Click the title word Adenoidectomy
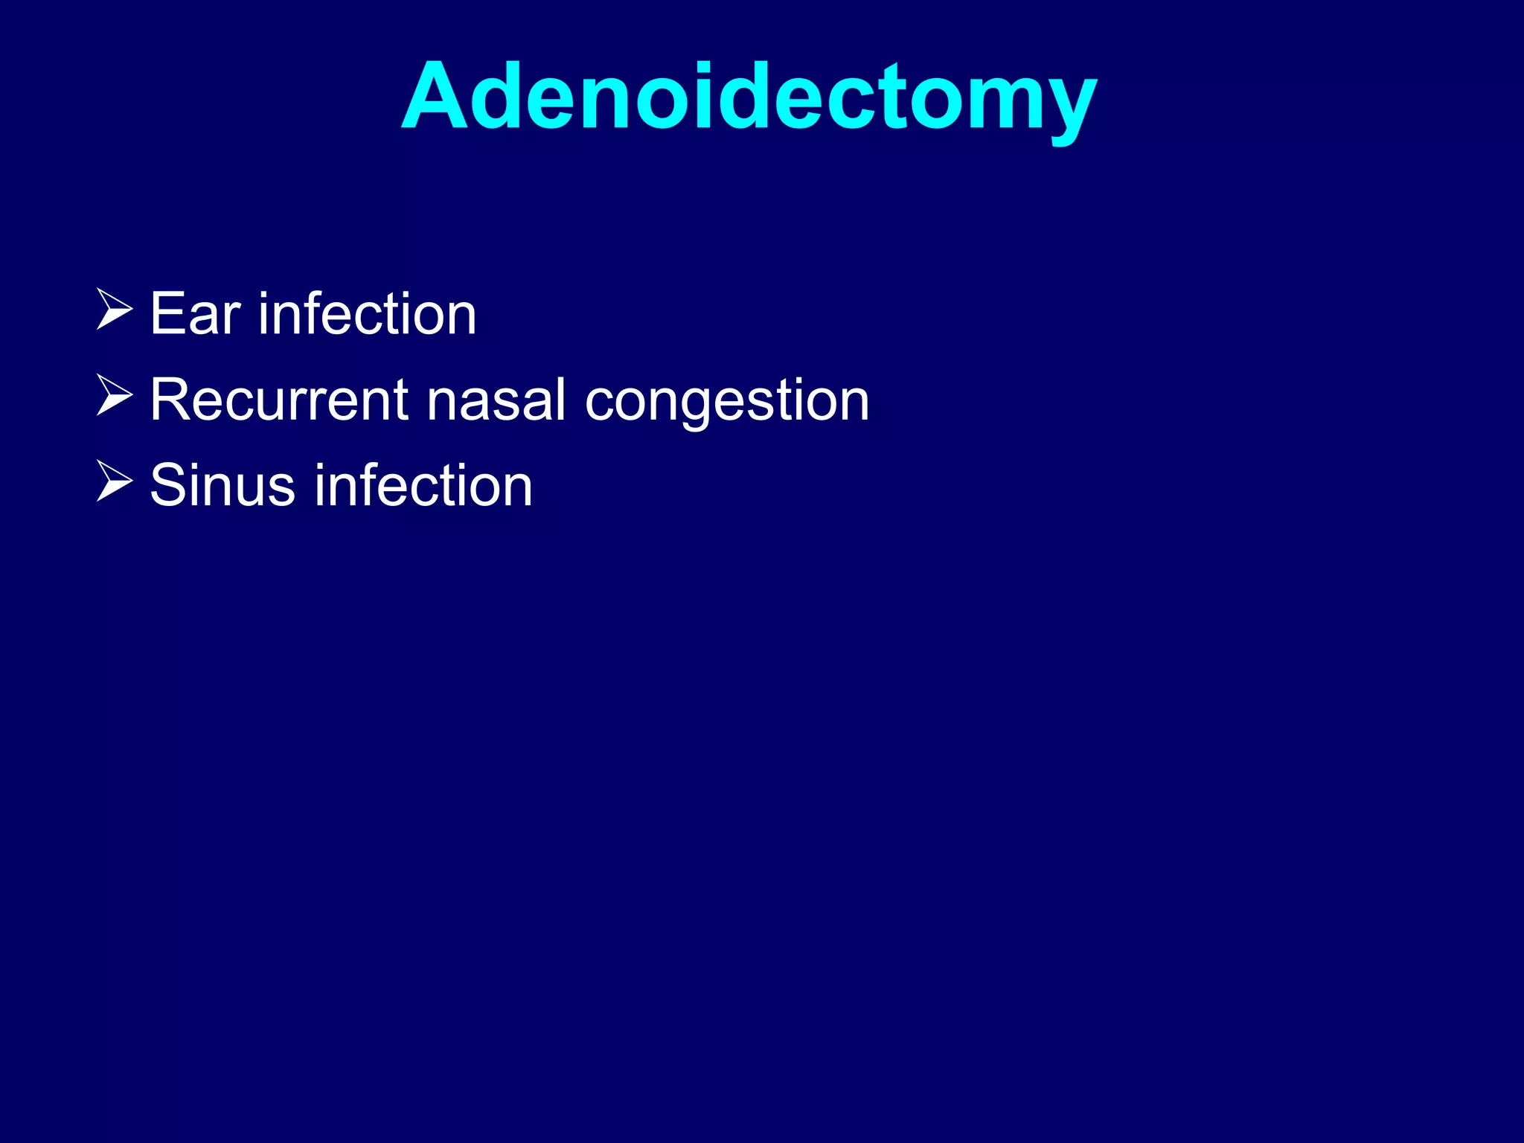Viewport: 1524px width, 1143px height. pos(749,97)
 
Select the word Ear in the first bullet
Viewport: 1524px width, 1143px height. pos(195,314)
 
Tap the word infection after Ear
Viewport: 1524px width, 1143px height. pos(367,314)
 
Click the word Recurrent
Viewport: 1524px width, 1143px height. pos(279,400)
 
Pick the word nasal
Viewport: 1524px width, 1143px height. pos(496,400)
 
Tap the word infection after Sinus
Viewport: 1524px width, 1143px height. pos(423,485)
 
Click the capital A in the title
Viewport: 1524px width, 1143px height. pos(434,97)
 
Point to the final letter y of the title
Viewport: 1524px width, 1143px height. pos(1066,108)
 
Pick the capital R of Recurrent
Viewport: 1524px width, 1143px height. pos(170,400)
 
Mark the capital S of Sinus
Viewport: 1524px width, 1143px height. pos(168,485)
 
